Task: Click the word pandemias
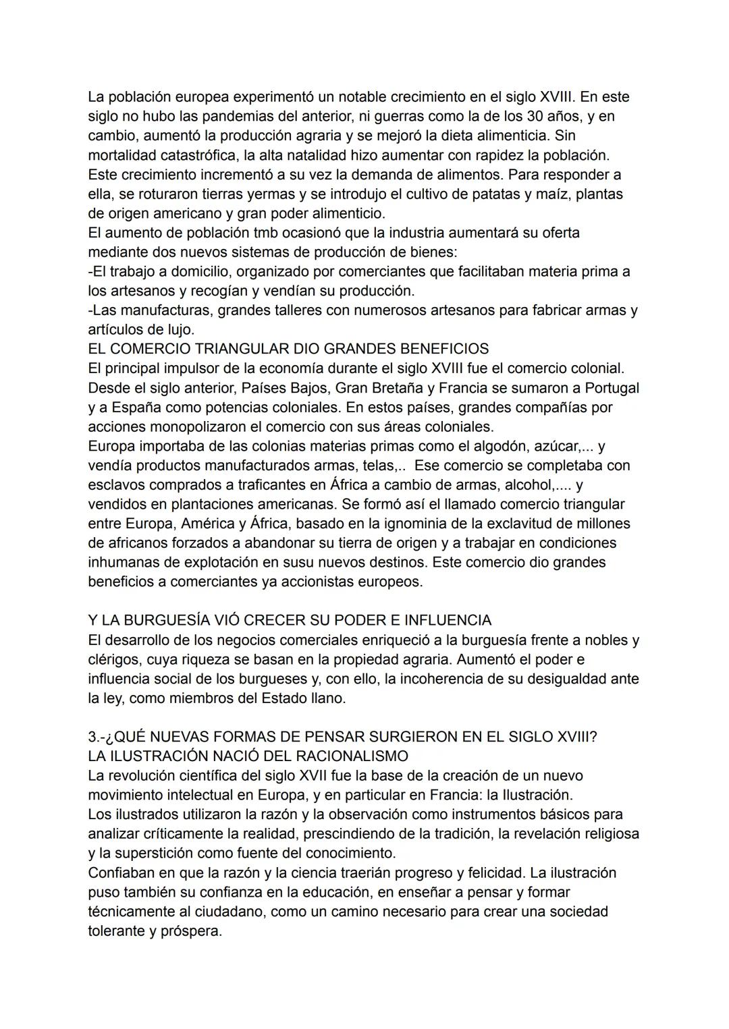click(x=214, y=116)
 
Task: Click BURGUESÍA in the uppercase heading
click(x=179, y=620)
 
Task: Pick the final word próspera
click(x=191, y=931)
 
